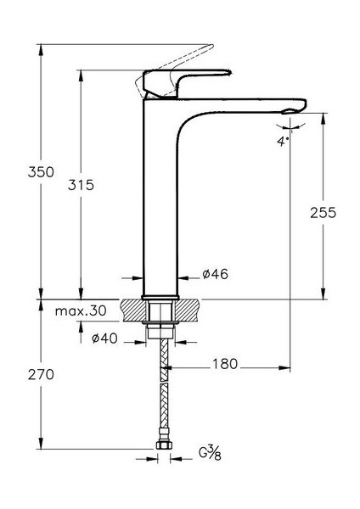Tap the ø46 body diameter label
click(x=215, y=274)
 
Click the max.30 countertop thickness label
click(x=82, y=312)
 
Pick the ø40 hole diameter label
click(x=105, y=339)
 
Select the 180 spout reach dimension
click(x=225, y=365)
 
